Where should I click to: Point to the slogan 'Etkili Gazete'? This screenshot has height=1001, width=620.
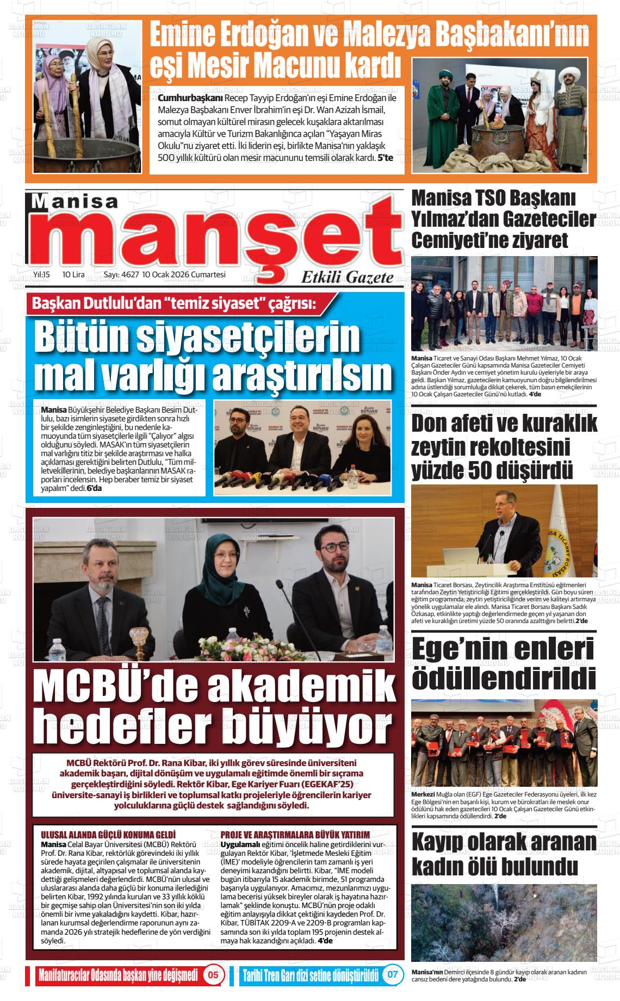(x=348, y=278)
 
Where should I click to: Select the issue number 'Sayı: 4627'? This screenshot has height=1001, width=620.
(x=121, y=275)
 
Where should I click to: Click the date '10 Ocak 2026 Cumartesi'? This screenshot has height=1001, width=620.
(x=184, y=275)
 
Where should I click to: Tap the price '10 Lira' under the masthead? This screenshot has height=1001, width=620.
(x=73, y=275)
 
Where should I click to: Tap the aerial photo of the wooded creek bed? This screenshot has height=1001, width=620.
(x=504, y=922)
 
